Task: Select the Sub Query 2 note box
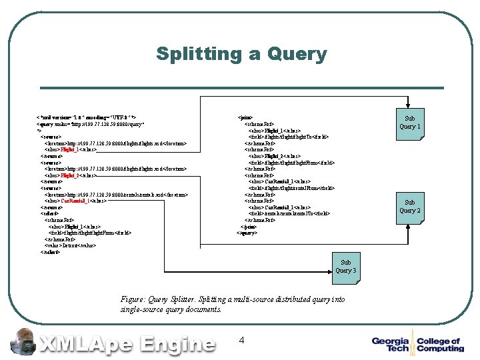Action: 409,207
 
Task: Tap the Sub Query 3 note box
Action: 345,267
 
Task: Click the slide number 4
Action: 241,340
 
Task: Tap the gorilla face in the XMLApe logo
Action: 24,341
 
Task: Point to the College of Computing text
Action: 440,345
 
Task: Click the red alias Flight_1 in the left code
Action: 70,149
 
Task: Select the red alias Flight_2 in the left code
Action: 70,175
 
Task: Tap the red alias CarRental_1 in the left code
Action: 74,201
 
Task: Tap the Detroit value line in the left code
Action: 74,245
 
